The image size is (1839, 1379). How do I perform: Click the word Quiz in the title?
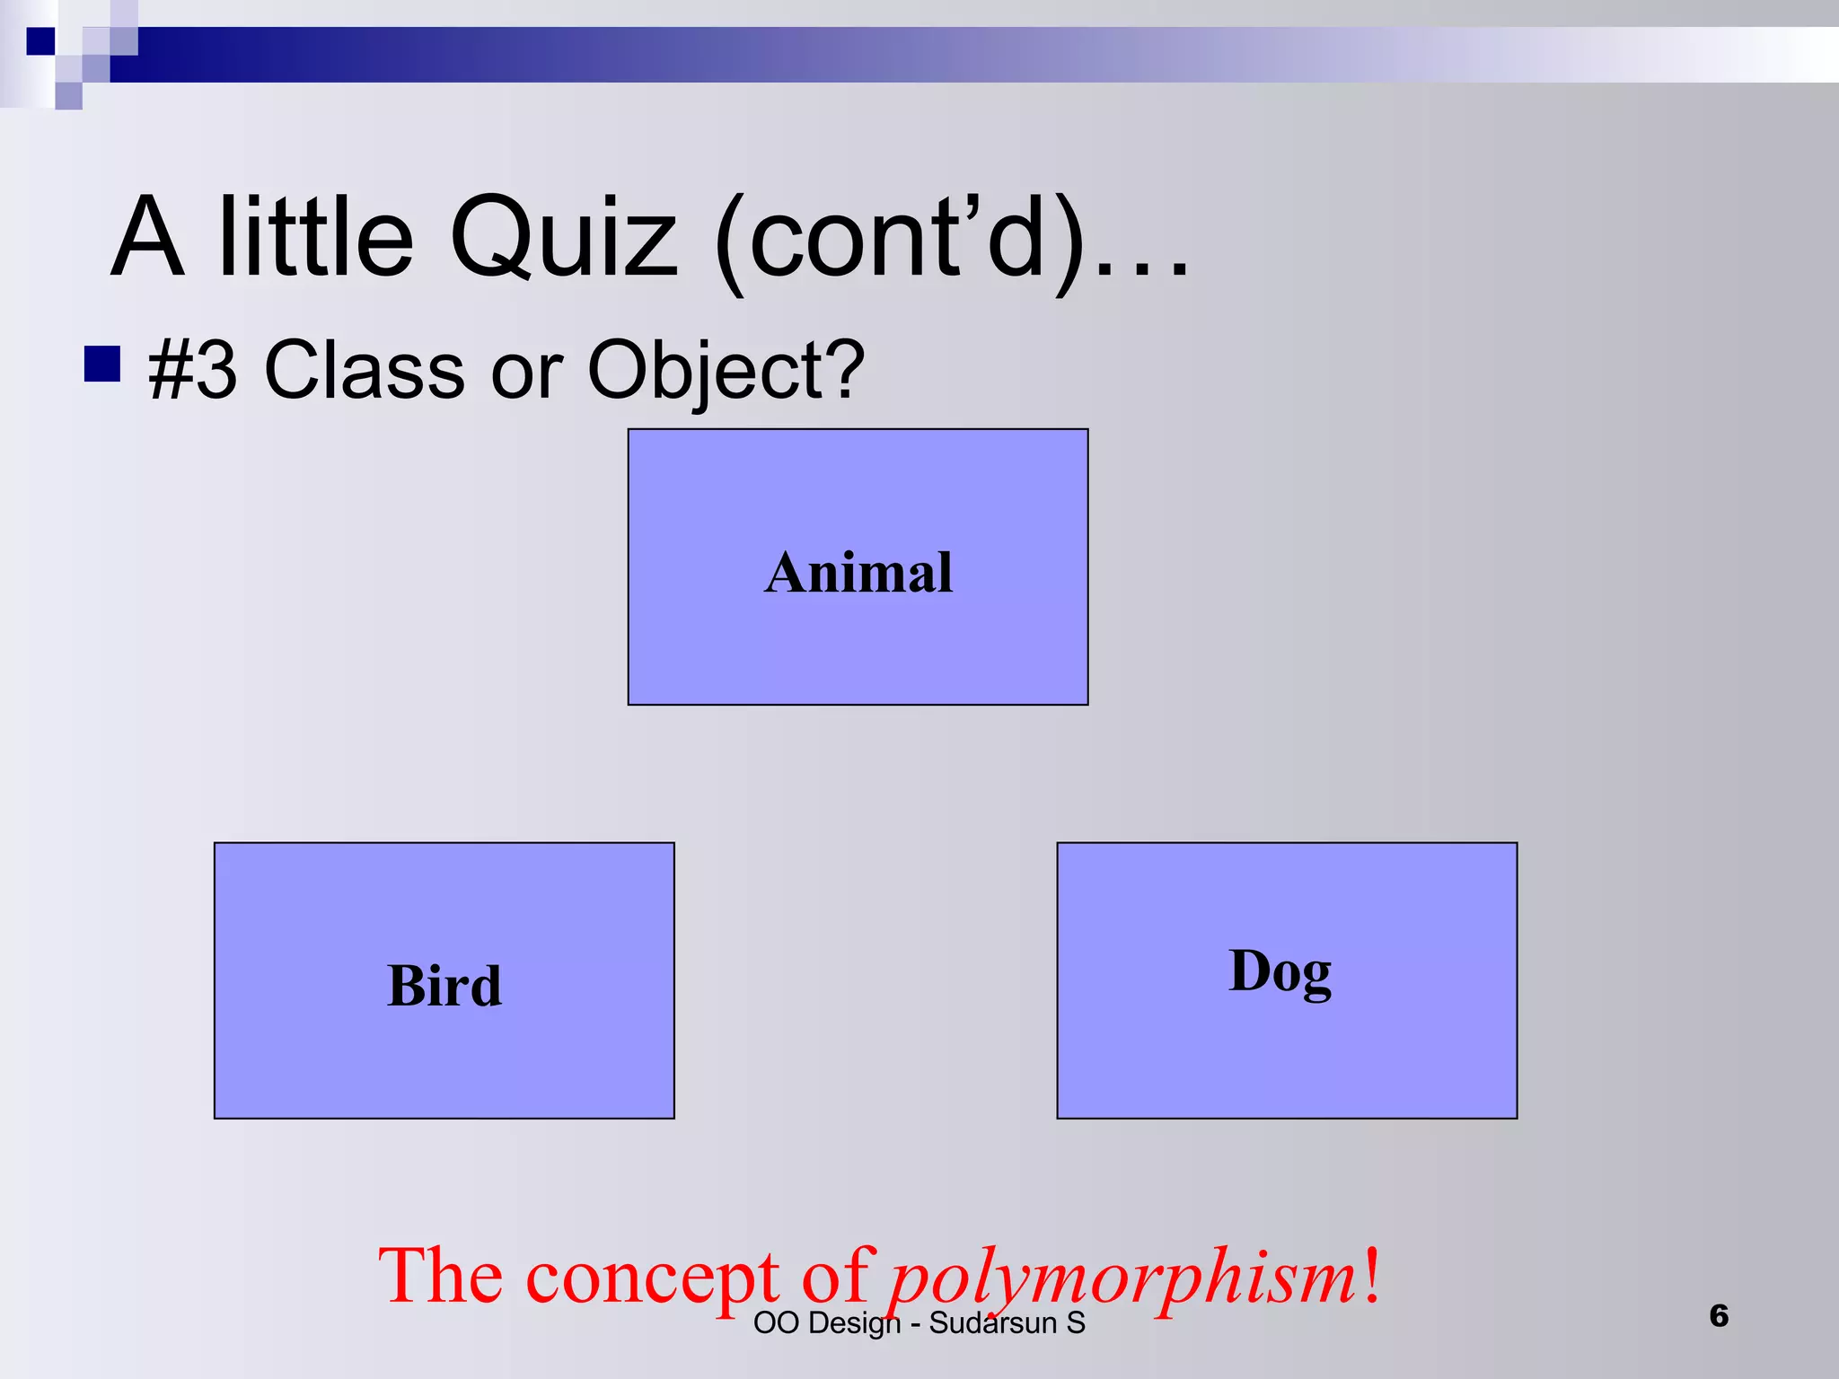[563, 238]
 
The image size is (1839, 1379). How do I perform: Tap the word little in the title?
[315, 238]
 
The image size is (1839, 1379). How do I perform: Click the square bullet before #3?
[102, 365]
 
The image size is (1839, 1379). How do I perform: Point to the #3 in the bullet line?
[192, 370]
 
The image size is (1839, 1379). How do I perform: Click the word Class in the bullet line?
[364, 370]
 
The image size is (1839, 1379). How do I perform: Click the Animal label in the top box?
[858, 573]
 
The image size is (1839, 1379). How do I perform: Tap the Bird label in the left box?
[444, 986]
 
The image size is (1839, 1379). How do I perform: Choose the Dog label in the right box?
[1280, 972]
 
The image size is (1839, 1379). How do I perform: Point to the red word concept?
[652, 1276]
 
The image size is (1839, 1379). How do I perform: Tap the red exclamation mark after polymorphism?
[1371, 1274]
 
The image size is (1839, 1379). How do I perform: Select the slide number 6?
[1719, 1316]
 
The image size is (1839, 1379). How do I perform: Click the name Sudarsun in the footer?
[992, 1323]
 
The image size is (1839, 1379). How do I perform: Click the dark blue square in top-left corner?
[40, 41]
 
